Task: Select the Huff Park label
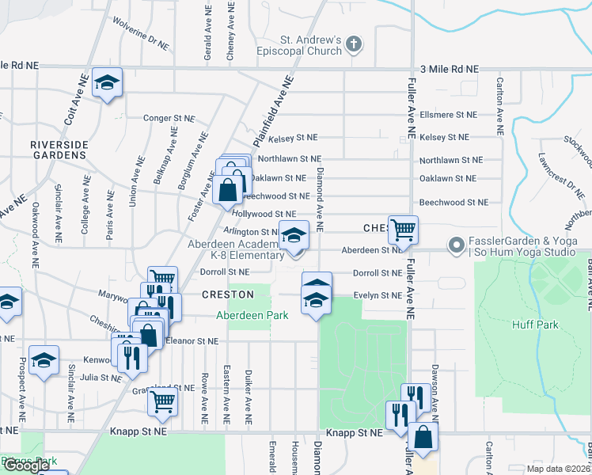[x=541, y=325]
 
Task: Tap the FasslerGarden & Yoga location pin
[x=456, y=246]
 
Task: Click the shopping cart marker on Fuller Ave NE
[x=403, y=230]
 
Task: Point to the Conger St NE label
[x=169, y=118]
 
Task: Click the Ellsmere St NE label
[x=449, y=114]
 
